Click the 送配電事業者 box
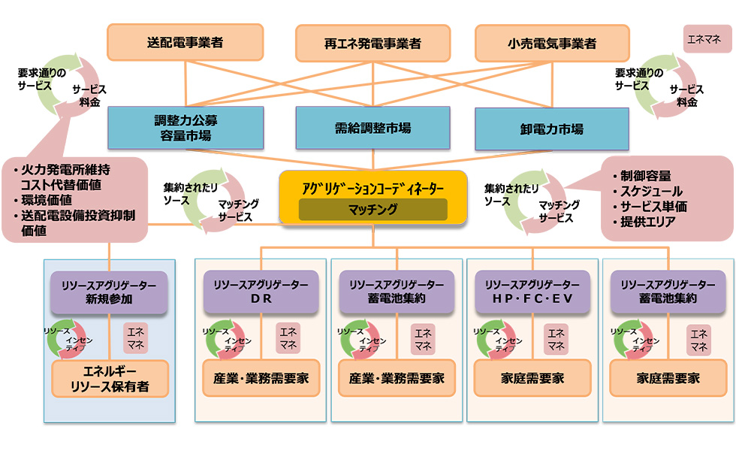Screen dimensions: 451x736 [x=185, y=42]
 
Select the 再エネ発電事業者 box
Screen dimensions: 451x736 [x=373, y=43]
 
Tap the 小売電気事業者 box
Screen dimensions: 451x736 [x=552, y=43]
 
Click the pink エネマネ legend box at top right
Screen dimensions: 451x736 [x=707, y=38]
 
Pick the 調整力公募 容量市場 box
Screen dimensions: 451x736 [x=186, y=128]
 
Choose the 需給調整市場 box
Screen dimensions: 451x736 [x=373, y=128]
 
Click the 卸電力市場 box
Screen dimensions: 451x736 [x=551, y=129]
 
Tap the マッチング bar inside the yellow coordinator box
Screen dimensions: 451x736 [x=373, y=210]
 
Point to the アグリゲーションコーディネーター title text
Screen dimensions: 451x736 [x=373, y=187]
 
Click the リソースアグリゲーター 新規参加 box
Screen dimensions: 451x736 [x=109, y=292]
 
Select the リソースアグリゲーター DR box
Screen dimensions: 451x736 [x=260, y=292]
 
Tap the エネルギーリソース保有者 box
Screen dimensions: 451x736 [x=109, y=379]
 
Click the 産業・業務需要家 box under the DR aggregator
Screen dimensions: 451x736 [x=260, y=378]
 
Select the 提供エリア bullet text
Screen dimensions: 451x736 [x=648, y=222]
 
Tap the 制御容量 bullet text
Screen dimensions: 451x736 [x=645, y=176]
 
